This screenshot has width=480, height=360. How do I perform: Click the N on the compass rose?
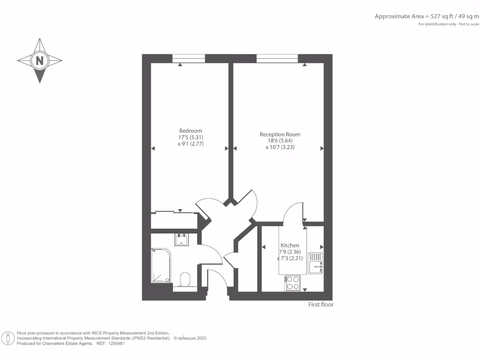(x=40, y=60)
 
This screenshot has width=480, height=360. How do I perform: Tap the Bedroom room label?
(x=191, y=130)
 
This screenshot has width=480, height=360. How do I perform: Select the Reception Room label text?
(x=280, y=135)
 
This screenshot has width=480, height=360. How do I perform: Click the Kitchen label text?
(x=290, y=245)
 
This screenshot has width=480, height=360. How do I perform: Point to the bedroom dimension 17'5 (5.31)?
(x=191, y=137)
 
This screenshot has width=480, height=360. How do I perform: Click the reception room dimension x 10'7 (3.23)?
(x=280, y=147)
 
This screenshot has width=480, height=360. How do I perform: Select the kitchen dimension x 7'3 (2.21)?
(x=290, y=258)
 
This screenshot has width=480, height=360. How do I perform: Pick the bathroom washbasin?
(x=182, y=240)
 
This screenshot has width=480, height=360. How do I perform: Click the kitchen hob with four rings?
(x=293, y=283)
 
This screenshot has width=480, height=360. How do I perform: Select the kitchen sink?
(x=315, y=263)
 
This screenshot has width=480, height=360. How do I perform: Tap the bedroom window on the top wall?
(x=188, y=59)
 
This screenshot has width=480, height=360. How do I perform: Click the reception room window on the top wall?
(x=277, y=59)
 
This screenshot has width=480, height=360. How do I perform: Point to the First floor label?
(x=321, y=305)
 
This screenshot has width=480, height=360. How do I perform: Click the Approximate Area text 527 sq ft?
(x=426, y=16)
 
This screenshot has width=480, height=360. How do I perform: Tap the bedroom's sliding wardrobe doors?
(x=174, y=212)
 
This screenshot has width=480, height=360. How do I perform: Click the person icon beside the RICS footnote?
(x=8, y=338)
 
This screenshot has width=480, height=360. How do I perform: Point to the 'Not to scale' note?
(x=469, y=24)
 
